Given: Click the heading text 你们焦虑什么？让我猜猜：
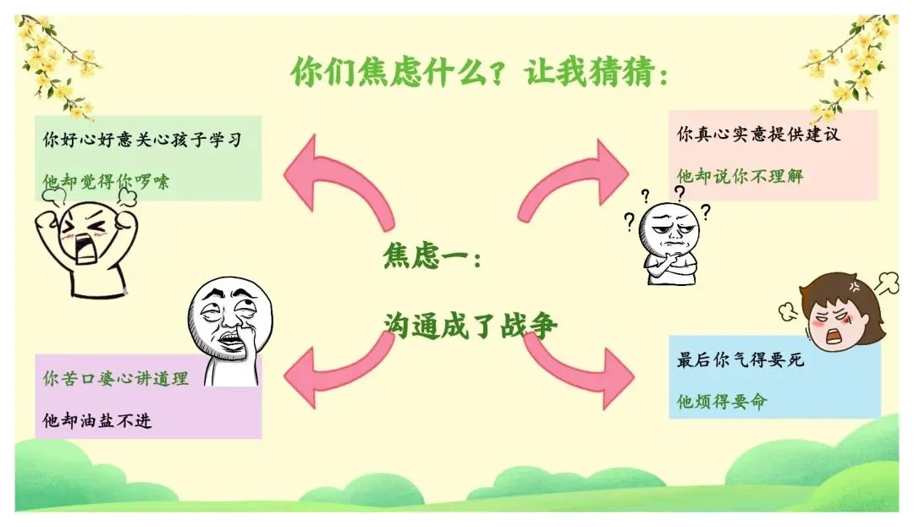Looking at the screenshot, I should click(x=480, y=72).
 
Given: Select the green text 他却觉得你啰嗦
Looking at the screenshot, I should click(x=106, y=181).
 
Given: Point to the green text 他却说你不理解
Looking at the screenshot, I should click(x=740, y=176).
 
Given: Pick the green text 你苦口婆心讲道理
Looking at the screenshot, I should click(x=115, y=379).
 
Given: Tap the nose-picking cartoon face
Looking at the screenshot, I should click(x=226, y=326).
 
